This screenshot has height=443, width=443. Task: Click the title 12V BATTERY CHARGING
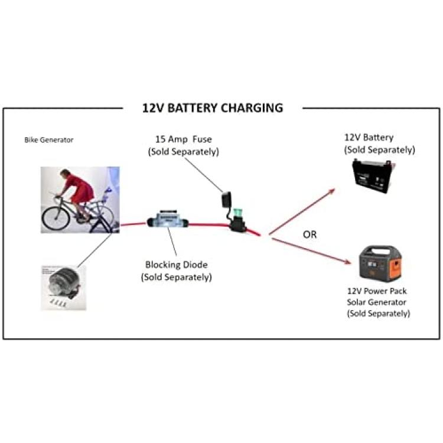point(213,108)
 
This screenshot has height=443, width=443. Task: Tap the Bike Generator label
point(49,140)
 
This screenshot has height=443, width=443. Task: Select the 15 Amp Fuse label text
point(184,139)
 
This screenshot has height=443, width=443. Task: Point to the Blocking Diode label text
point(177,265)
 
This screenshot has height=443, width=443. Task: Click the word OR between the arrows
point(310,234)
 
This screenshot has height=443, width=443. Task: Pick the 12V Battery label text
point(369,138)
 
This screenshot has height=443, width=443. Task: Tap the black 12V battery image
point(373,176)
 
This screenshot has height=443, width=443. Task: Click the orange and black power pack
point(380,262)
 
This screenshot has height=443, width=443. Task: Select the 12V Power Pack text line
point(377,291)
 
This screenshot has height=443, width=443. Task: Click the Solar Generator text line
point(377,302)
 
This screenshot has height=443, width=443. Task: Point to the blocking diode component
point(168,219)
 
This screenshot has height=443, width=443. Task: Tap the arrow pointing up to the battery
point(302,211)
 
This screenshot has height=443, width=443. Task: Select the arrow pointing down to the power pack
point(311,251)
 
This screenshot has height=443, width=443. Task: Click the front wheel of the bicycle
point(56,219)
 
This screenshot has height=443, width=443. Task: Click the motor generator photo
point(64,288)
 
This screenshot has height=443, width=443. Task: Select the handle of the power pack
point(380,248)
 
